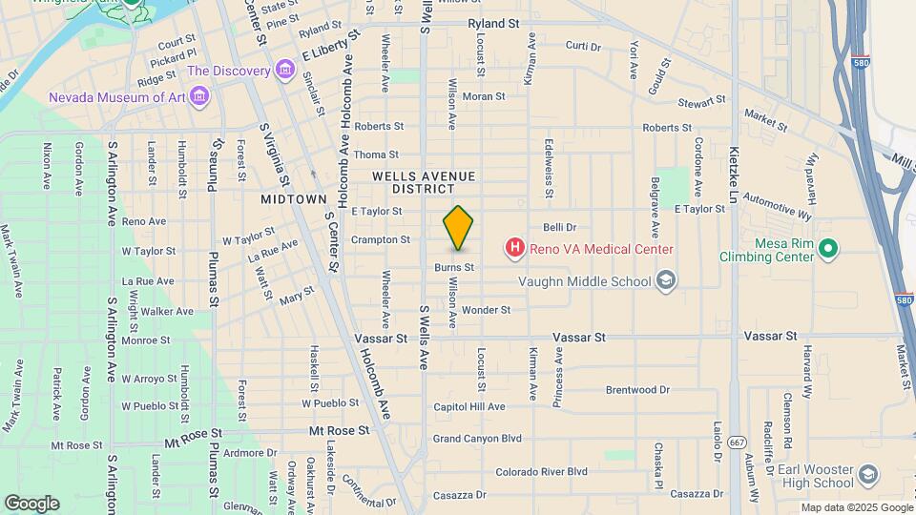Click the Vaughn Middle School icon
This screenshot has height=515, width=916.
pos(666,281)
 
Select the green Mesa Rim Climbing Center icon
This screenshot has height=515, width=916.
pos(828,250)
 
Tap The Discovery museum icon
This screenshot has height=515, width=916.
pos(284,71)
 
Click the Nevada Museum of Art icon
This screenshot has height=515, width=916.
pos(198,95)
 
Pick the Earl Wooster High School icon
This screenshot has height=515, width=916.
pos(868,475)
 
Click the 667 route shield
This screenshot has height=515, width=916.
pos(737,443)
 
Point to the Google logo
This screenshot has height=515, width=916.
pos(31,503)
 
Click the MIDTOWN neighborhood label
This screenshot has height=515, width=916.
pos(294,199)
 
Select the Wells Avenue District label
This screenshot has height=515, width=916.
pos(423,182)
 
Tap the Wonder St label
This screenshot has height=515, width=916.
pos(486,310)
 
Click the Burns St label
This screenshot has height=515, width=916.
pos(454,268)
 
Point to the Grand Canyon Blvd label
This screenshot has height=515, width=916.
pos(477,439)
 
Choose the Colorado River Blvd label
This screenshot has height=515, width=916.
pos(541,471)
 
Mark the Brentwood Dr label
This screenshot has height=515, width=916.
pos(638,390)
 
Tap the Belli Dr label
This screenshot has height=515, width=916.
pos(560,227)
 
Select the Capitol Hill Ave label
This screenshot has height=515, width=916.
pos(468,407)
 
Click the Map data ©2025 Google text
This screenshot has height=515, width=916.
pos(856,507)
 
